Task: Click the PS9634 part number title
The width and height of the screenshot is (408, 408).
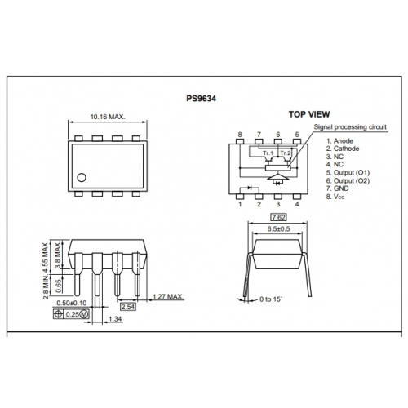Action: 201,99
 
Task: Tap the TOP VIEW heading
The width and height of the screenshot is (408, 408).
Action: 309,114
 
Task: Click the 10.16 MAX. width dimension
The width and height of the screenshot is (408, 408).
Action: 108,117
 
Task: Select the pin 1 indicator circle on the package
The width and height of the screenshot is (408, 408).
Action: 82,178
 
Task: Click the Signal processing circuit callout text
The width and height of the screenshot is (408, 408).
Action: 350,127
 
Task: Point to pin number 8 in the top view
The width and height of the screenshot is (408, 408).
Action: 240,135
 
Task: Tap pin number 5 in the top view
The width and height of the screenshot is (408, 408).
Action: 297,135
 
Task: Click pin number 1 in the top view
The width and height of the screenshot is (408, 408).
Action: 240,204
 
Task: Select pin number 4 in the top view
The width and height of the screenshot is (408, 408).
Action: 297,204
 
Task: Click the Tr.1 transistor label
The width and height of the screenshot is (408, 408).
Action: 268,153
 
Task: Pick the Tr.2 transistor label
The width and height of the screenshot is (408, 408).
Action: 286,153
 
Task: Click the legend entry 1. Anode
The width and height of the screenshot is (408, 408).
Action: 339,141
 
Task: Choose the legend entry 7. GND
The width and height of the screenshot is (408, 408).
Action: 337,188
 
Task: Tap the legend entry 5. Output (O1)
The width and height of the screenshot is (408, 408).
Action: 348,173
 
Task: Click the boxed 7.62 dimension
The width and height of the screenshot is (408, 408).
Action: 278,217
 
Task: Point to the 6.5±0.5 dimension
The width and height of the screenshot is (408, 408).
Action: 278,229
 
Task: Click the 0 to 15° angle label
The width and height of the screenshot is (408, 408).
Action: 271,299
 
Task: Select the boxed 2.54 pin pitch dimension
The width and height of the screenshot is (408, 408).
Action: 128,307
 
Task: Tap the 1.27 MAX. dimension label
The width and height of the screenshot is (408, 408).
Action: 168,296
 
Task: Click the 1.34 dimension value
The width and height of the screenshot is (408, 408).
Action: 115,319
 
